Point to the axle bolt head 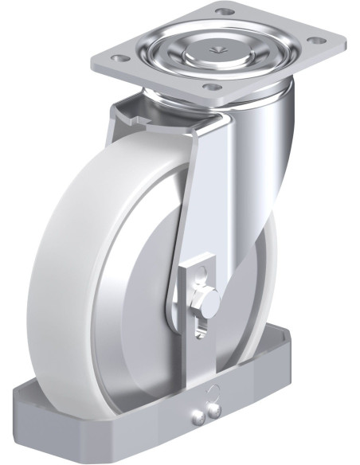(209, 301)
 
